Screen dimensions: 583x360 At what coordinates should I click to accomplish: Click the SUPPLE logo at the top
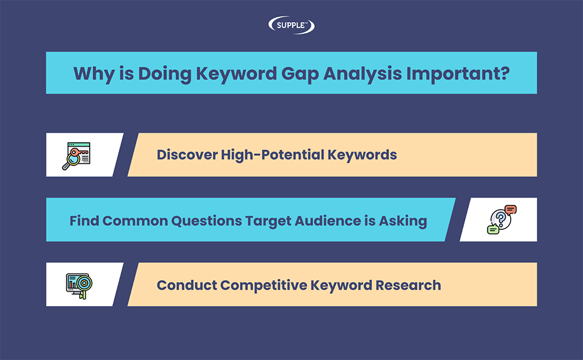(x=291, y=25)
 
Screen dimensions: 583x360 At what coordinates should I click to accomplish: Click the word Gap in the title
(x=300, y=74)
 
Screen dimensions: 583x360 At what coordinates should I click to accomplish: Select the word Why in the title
(x=94, y=74)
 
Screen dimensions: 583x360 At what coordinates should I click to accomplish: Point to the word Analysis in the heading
(x=362, y=74)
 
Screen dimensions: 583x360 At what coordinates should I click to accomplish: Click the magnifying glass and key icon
(x=76, y=156)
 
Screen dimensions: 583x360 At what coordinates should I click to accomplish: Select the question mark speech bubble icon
(x=501, y=220)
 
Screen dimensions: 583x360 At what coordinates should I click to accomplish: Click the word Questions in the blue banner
(x=206, y=221)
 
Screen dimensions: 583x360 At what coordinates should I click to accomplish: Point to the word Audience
(x=328, y=221)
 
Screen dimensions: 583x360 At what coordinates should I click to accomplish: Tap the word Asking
(x=403, y=221)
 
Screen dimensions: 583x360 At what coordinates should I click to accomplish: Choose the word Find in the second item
(x=83, y=221)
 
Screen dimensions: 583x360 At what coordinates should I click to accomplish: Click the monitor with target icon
(x=79, y=286)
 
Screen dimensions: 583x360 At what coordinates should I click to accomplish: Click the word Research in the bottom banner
(x=408, y=285)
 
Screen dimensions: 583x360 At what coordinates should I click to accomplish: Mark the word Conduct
(x=187, y=285)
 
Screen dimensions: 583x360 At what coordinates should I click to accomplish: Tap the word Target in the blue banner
(x=268, y=221)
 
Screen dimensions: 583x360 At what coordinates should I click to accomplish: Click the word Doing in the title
(x=164, y=74)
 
